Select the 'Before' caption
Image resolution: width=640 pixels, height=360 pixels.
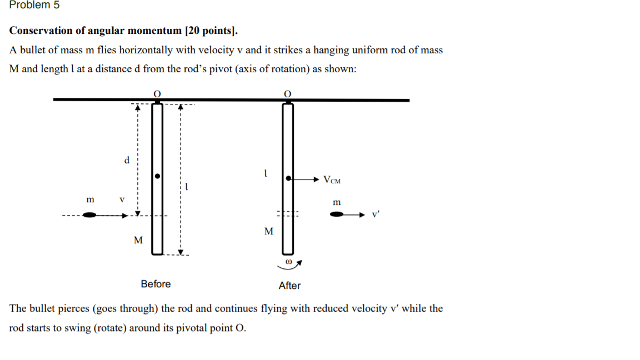tap(156, 284)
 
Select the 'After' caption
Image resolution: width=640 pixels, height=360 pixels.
tap(289, 286)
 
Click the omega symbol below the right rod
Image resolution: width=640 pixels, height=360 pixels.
tap(288, 261)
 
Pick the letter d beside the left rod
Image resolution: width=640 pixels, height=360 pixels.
tap(127, 161)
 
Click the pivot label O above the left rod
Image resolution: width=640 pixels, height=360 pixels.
tap(157, 94)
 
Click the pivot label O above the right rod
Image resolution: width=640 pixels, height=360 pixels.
tap(287, 94)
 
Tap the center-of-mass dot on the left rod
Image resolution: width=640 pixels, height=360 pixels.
tap(157, 176)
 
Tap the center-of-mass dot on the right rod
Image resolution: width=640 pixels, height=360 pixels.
tap(288, 178)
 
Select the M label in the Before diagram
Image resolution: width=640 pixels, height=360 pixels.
tap(138, 240)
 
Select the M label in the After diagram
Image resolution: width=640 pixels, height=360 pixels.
tap(269, 231)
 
